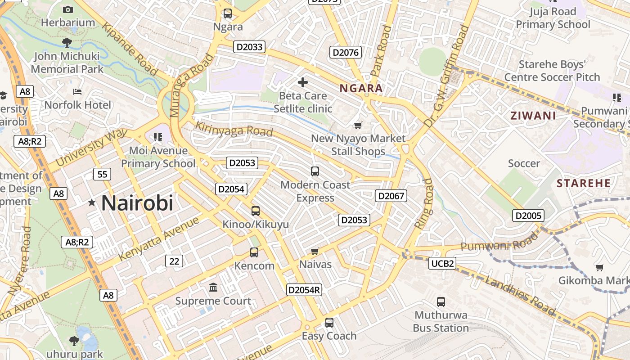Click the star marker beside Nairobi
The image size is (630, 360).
(92, 203)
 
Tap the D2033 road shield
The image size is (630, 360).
(249, 47)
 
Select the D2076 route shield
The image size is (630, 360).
(346, 52)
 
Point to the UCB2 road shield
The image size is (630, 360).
(442, 263)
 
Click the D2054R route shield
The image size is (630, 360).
(304, 290)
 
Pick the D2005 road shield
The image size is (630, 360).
(528, 216)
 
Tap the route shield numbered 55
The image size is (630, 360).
(102, 174)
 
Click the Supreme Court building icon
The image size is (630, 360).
(213, 287)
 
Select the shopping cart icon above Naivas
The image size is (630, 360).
(315, 251)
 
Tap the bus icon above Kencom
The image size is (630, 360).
(254, 252)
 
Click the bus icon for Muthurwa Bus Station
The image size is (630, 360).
(441, 302)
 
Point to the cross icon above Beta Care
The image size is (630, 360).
(303, 82)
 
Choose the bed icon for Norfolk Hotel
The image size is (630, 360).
(77, 92)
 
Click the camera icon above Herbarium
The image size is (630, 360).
(68, 9)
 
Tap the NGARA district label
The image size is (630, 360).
(361, 88)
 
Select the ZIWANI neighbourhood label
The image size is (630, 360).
(533, 116)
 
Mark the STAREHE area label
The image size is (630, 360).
(584, 183)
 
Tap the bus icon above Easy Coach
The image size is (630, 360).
(329, 323)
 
